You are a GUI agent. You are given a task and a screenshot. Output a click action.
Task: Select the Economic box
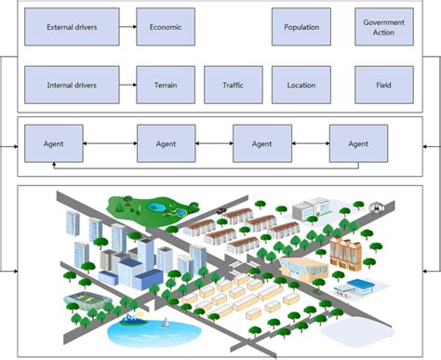click(x=165, y=28)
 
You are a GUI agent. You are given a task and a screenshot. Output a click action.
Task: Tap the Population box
click(x=301, y=28)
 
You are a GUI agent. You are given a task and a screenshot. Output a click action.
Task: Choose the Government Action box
click(x=384, y=28)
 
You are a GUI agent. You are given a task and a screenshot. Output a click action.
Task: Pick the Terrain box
click(x=165, y=85)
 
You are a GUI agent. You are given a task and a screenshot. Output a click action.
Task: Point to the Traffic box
click(x=233, y=85)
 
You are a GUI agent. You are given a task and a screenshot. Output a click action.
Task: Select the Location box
click(x=301, y=85)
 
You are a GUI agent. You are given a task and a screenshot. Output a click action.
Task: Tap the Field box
click(x=384, y=85)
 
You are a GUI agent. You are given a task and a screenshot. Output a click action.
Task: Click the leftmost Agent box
click(x=52, y=143)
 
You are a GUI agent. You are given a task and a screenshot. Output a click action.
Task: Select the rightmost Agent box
click(x=358, y=143)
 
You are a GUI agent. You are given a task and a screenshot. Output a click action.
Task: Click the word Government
click(x=384, y=21)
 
